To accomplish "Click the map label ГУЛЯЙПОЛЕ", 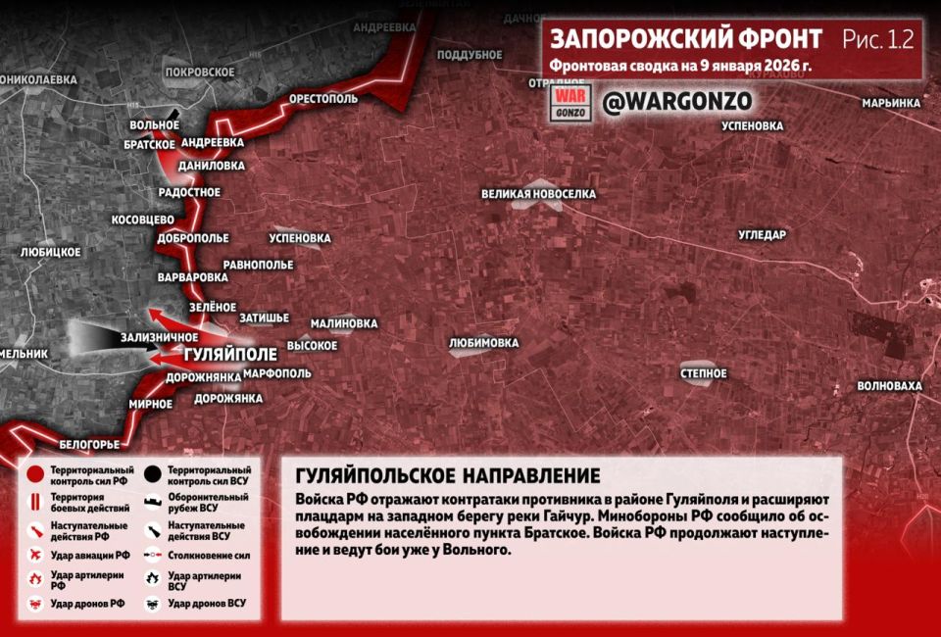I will coord(230,353).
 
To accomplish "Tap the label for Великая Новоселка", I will coord(538,194).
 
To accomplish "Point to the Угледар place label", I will coord(762,234).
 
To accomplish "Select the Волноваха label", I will coord(889,386).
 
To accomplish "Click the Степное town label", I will coord(704,373).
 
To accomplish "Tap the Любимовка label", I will coord(483,343).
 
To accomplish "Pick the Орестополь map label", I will coord(323,100).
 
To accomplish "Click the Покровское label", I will coord(200,72).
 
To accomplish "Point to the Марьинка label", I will coord(891,103).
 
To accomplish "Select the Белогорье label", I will coord(89,444).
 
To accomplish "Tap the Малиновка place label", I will coord(344,323).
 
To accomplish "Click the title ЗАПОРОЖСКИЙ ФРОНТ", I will coord(686,39).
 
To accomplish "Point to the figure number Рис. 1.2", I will coord(877,39).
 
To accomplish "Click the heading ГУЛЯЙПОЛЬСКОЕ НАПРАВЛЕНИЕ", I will coord(447,476).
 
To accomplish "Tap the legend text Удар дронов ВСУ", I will coord(207,603).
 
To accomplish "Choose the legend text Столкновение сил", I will coord(208,555).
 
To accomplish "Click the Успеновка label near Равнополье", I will coord(299,238).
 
